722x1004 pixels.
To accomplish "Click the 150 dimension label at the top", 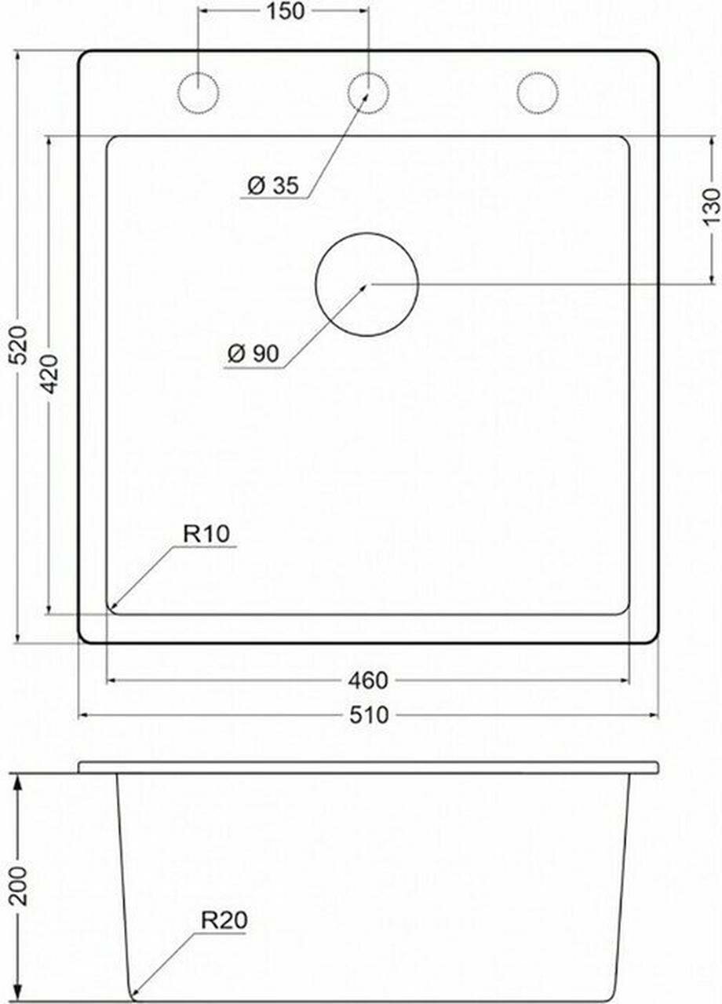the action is (x=286, y=12).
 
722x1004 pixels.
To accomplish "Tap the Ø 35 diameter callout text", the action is (x=273, y=185).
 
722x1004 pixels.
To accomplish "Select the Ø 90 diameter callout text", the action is (x=253, y=354).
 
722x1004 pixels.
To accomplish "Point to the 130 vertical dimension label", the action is (x=711, y=207).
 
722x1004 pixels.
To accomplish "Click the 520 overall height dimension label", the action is (x=20, y=345).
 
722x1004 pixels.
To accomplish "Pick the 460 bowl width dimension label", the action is (x=368, y=680).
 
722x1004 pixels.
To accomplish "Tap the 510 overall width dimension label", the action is (x=369, y=715).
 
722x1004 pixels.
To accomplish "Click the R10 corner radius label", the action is (x=206, y=533).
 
